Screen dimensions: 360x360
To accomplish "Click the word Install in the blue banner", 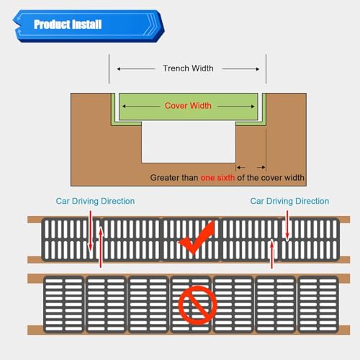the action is coord(87,24).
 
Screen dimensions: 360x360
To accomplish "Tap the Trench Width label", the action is coord(188,68).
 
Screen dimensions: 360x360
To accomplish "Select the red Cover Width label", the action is coord(188,106).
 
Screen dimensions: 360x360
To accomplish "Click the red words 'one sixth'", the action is coord(217,178).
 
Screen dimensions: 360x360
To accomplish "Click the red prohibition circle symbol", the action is coord(197,305).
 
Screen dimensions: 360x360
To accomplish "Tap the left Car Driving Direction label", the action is coord(95,201).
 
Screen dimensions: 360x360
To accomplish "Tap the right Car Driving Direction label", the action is coord(289,201).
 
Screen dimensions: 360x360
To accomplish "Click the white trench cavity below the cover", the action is coord(189,142).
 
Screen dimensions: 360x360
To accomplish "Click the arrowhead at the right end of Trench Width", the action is coord(258,69).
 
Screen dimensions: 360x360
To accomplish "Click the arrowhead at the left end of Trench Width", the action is coord(119,69).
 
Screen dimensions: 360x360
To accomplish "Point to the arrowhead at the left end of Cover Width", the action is coord(124,106).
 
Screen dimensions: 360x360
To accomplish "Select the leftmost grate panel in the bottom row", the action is coord(64,305).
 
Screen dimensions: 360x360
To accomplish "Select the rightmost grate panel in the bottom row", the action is coord(318,305).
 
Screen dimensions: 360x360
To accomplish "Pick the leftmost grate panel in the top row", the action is coord(71,239).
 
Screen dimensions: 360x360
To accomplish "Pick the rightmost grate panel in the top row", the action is coord(310,239).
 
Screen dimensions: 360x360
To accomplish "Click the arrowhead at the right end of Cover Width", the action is coord(253,106).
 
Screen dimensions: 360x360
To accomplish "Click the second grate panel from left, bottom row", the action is coord(106,305).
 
